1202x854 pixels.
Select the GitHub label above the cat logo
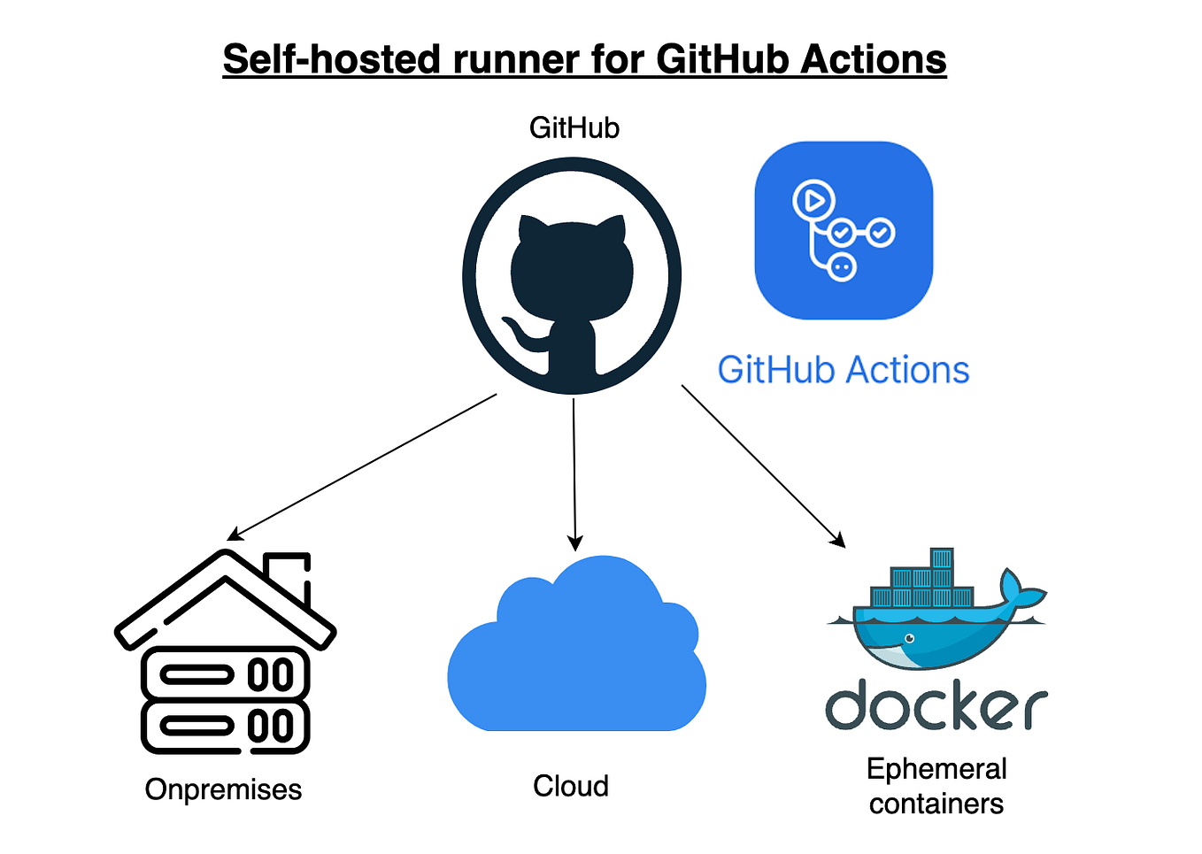tap(574, 128)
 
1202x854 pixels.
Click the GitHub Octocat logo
tap(572, 276)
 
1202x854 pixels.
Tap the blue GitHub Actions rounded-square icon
tap(844, 230)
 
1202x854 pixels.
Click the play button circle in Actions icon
tap(813, 200)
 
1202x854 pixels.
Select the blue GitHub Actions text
tap(844, 370)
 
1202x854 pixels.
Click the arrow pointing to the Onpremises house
tap(363, 466)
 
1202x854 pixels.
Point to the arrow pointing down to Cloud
tap(574, 473)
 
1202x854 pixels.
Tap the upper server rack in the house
tap(226, 675)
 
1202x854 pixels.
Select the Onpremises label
tap(223, 789)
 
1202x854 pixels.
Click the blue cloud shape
tap(575, 655)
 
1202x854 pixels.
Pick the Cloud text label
tap(571, 786)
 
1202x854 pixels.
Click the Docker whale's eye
tap(909, 638)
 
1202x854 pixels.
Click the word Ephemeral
tap(936, 769)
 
